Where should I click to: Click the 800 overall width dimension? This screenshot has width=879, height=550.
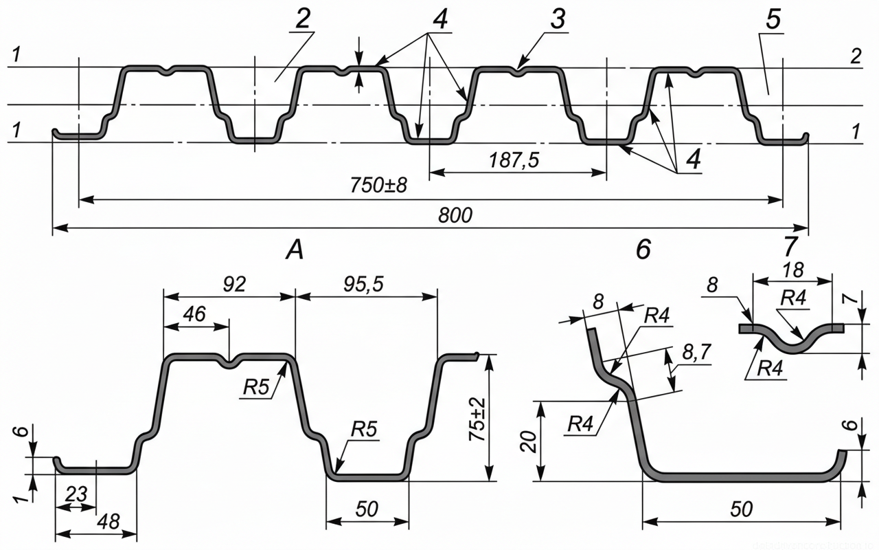[456, 215]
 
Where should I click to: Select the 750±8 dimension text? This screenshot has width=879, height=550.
[379, 185]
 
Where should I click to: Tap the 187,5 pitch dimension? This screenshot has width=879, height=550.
[514, 159]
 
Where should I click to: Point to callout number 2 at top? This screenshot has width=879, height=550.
[301, 20]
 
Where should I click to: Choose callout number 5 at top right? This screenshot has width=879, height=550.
[773, 20]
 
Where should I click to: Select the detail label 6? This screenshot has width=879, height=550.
[643, 250]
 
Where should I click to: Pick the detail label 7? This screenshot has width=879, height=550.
[790, 246]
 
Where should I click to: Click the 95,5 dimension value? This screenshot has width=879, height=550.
[364, 284]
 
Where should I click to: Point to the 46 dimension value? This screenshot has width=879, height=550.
[194, 313]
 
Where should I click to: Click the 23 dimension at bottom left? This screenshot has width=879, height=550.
[76, 494]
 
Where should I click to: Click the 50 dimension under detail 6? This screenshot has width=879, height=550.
[742, 509]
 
